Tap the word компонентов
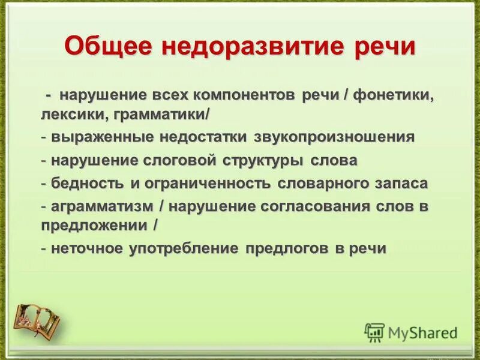coord(243,95)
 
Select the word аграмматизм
coord(101,206)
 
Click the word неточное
coord(86,248)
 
